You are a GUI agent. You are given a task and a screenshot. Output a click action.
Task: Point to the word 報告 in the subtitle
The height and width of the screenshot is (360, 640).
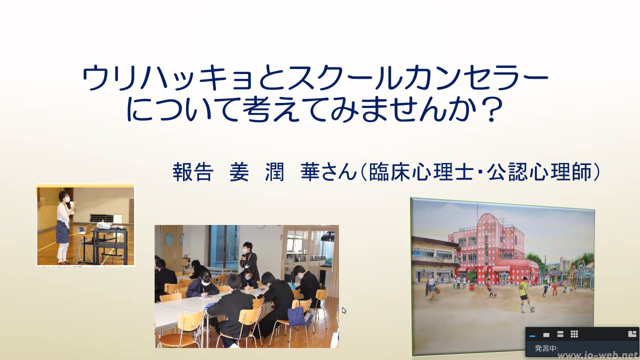click(x=193, y=172)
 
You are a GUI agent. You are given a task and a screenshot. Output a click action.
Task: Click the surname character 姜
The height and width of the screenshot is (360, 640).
click(x=239, y=172)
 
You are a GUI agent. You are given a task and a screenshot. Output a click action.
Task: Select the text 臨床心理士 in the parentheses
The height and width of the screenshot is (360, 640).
click(x=421, y=172)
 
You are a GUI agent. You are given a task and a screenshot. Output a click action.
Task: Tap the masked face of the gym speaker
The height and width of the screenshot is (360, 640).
click(x=66, y=197)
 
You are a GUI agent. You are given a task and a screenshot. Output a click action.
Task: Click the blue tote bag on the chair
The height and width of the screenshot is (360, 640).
click(x=297, y=316)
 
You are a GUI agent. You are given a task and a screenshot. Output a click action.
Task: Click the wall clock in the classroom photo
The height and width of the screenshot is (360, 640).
click(x=260, y=226)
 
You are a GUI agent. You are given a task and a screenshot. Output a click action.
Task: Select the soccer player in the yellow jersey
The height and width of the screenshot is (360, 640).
click(x=524, y=294)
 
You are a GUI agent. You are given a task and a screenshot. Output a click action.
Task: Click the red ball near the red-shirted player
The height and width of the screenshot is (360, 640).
click(x=494, y=295)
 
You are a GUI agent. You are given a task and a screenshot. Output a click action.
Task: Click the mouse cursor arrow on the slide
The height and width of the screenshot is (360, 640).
click(x=344, y=310)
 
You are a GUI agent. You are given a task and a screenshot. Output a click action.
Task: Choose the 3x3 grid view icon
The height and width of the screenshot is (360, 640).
click(x=574, y=334)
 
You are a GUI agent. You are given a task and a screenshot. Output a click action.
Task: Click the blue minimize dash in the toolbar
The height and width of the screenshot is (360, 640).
click(x=532, y=336)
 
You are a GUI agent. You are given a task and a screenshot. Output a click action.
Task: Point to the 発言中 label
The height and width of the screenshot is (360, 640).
click(x=546, y=348)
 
